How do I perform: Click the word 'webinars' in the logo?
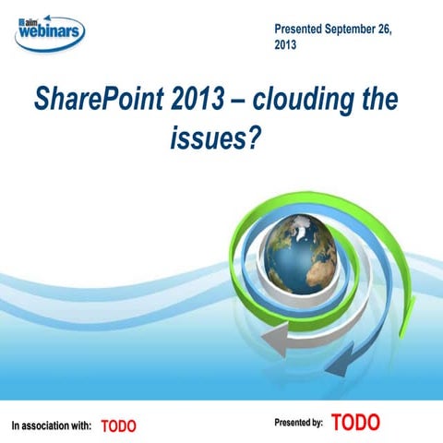click(53, 34)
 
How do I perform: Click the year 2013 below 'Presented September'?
click(286, 45)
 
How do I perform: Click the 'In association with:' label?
click(51, 426)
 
